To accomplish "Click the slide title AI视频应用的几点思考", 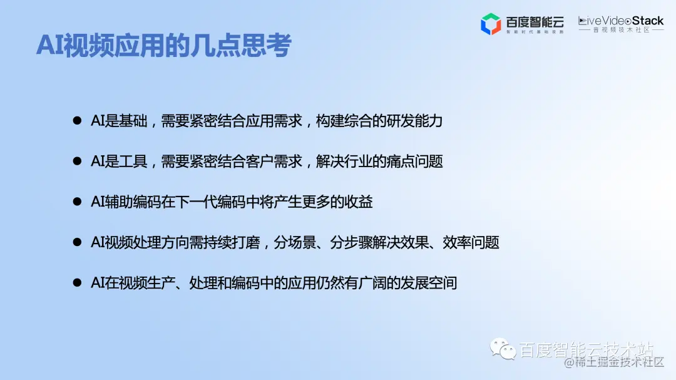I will coord(164,46).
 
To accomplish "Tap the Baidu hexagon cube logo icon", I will coord(490,24).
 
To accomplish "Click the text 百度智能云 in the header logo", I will coord(535,21).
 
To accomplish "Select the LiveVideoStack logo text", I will coord(620,21).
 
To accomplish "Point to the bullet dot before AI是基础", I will coord(77,121).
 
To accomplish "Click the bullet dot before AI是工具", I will coord(77,162).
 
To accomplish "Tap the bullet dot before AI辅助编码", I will coord(77,202).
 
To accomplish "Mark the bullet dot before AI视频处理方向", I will coord(77,242).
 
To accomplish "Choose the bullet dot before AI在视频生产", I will coord(77,283).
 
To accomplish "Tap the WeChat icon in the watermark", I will coord(503,349).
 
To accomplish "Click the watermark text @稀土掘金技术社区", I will coord(613,362).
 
